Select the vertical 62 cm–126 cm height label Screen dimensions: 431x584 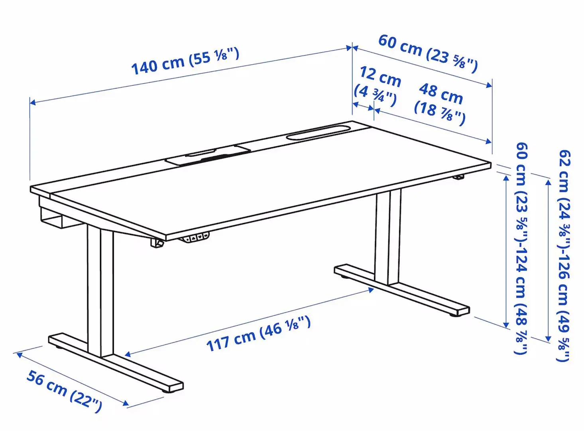(564, 255)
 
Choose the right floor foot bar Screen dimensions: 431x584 (403, 289)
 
